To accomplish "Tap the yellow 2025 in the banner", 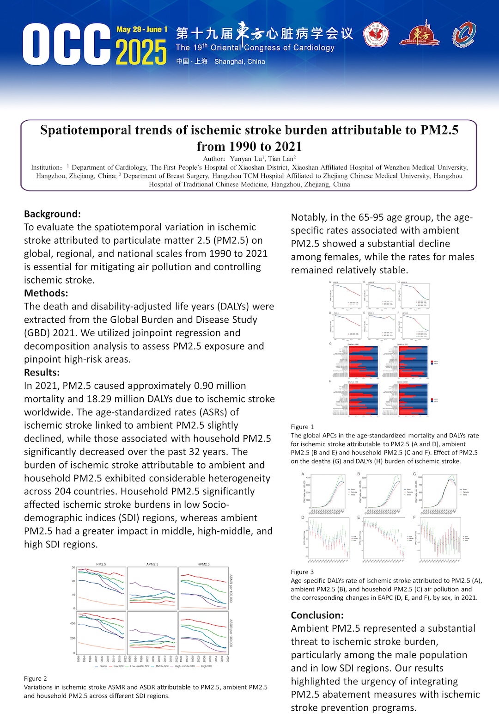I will click(141, 52).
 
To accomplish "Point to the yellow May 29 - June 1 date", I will click(142, 30).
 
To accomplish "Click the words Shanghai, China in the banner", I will click(239, 62).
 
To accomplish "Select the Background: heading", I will click(52, 214).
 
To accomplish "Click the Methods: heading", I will click(46, 293).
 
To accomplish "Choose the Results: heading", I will click(42, 372).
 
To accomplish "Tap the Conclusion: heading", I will click(317, 615).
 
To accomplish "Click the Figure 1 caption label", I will click(302, 427).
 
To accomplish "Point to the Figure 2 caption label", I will click(36, 678).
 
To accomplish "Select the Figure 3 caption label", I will click(302, 572).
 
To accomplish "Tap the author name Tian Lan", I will click(281, 159).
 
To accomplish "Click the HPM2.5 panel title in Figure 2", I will click(203, 564).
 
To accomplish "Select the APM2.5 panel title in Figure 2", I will click(152, 564).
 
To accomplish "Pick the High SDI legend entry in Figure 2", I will click(206, 666).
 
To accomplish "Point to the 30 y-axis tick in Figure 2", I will click(73, 567).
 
